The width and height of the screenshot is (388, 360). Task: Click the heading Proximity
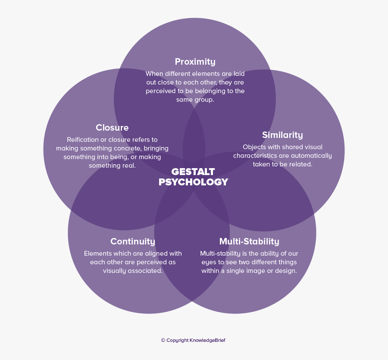[x=195, y=62]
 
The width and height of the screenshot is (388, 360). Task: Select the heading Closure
[x=112, y=128]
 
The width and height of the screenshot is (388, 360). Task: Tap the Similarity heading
[x=282, y=135]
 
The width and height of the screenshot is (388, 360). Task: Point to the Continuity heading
[x=133, y=241]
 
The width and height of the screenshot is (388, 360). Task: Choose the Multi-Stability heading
[x=249, y=241]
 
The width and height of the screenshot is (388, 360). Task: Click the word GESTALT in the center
[x=193, y=172]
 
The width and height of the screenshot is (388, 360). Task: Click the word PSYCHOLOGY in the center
[x=193, y=182]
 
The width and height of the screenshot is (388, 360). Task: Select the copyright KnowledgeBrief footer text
[x=193, y=340]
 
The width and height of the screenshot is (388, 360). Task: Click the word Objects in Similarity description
[x=254, y=147]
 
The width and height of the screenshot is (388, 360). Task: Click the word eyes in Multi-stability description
[x=210, y=262]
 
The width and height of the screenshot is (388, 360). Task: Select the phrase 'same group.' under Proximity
[x=195, y=100]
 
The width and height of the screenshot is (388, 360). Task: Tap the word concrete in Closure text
[x=125, y=148]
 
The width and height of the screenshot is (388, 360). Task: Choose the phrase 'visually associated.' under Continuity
[x=133, y=271]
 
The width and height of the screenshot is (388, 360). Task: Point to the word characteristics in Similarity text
[x=255, y=156]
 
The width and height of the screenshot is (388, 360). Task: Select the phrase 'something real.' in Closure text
[x=112, y=166]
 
